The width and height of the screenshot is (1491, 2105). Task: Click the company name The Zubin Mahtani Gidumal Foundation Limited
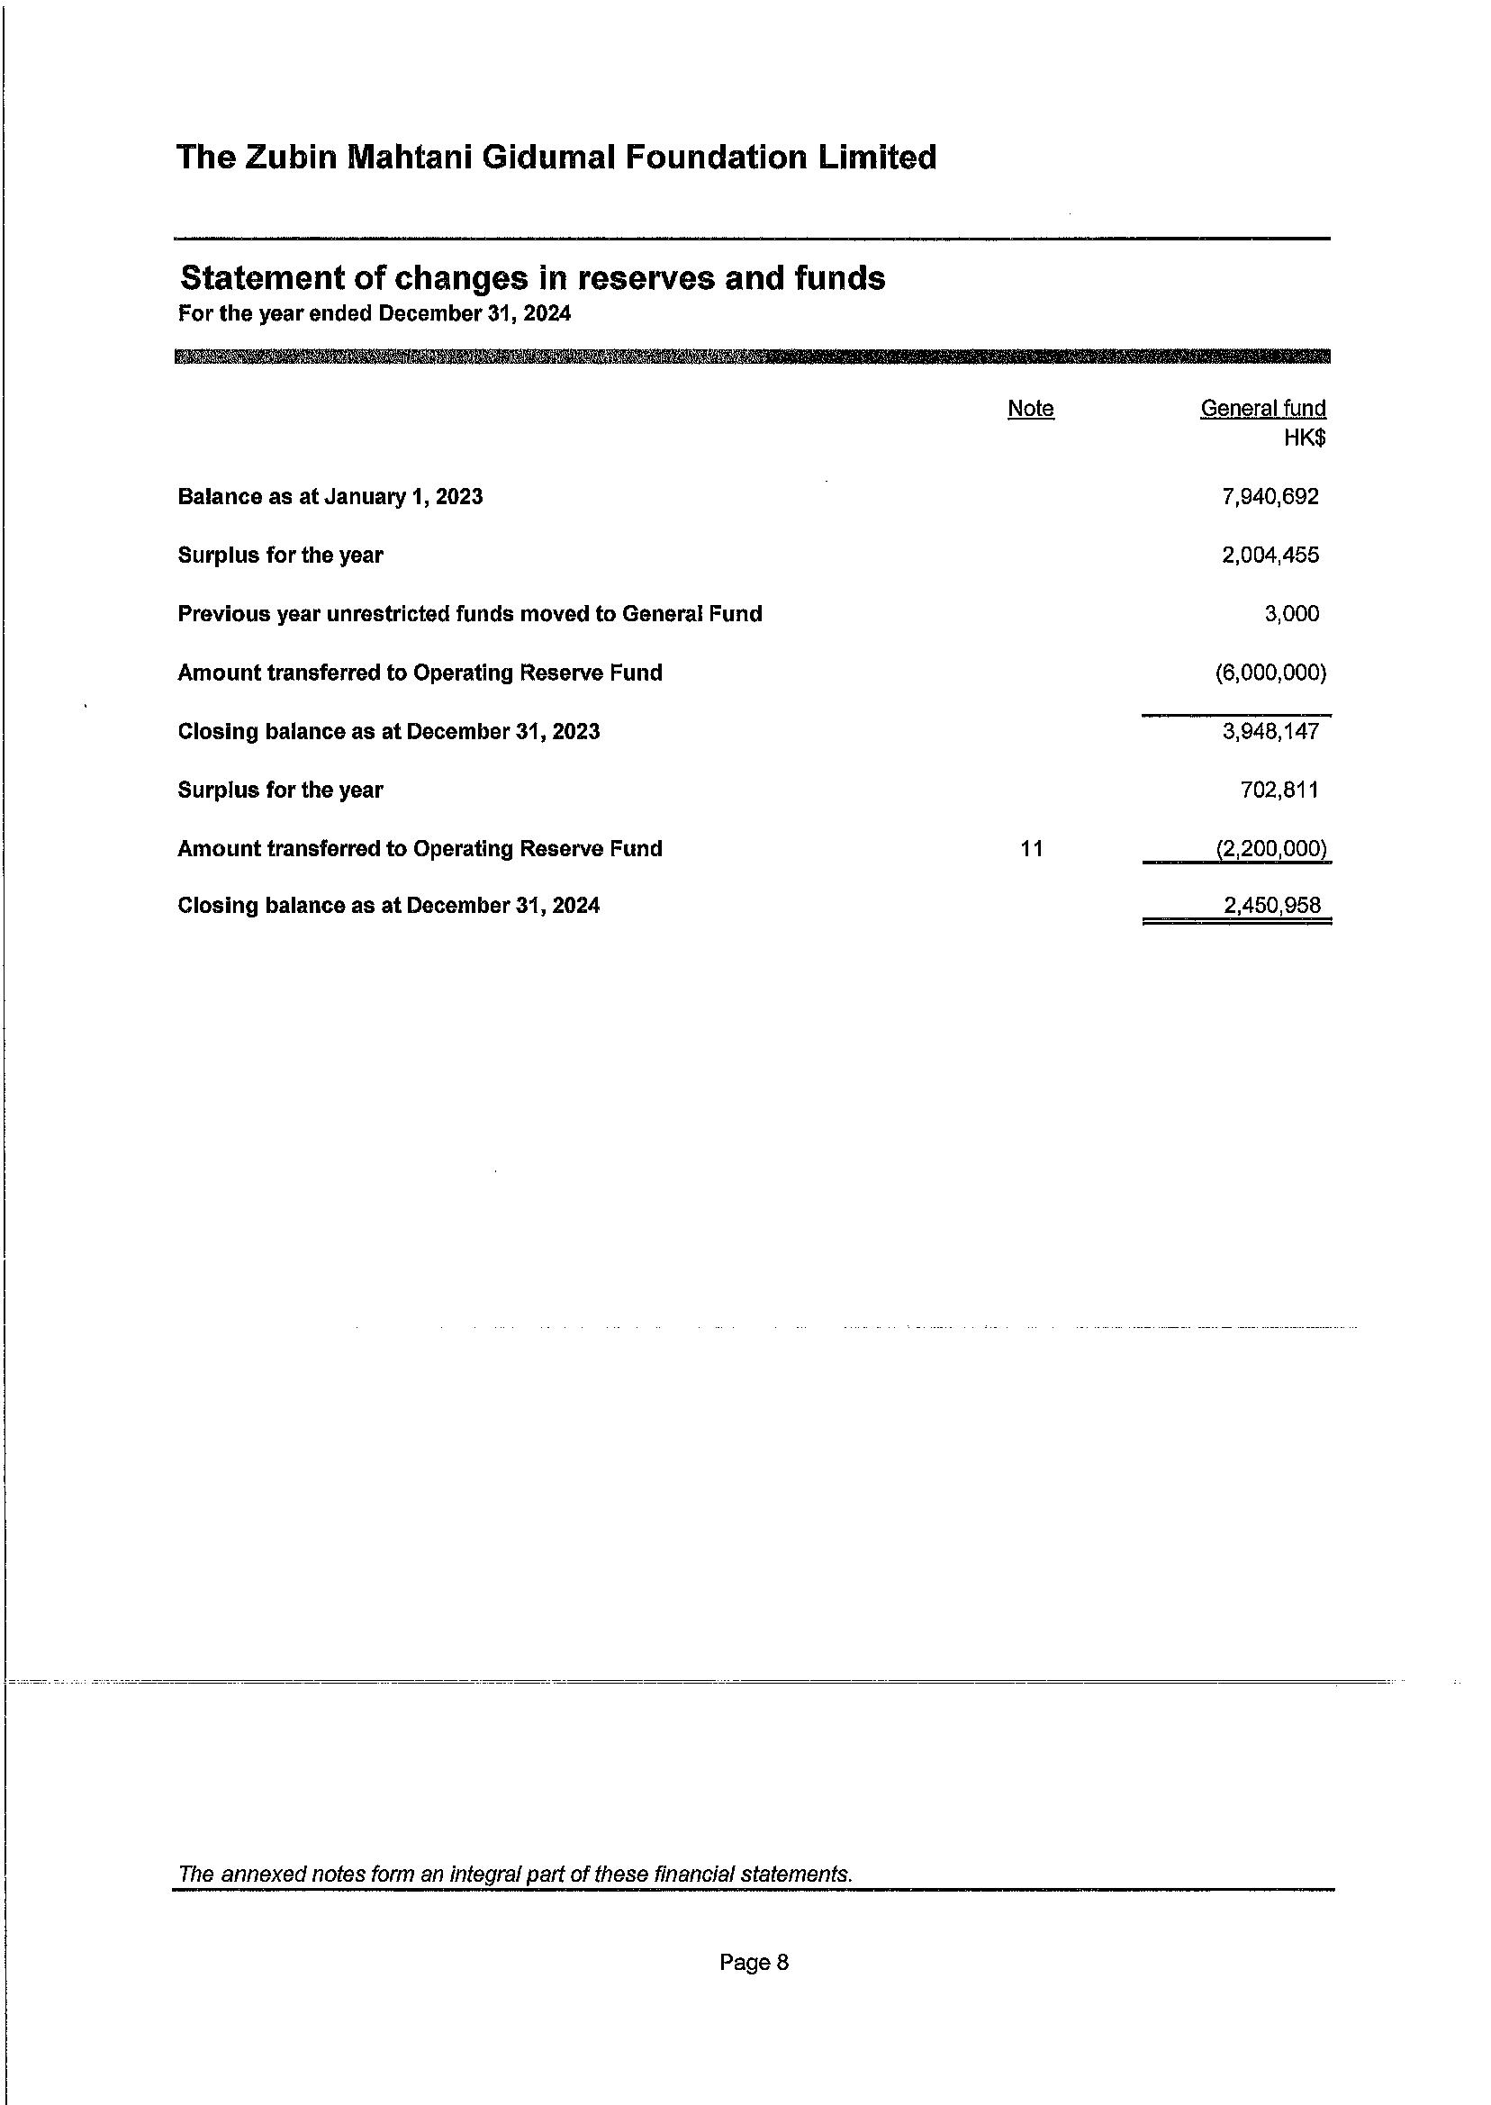556,158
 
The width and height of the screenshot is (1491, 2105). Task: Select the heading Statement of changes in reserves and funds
532,277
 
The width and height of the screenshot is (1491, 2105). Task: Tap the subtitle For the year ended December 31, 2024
375,314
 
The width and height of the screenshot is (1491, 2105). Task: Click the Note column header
1030,409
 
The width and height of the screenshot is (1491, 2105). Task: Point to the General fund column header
1262,409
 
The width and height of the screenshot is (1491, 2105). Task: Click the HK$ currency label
1304,438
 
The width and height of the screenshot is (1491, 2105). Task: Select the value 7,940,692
1270,497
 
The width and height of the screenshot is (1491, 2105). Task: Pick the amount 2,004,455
1270,556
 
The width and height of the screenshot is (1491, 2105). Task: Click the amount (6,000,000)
1270,673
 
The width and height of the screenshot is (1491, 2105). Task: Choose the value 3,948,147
1270,732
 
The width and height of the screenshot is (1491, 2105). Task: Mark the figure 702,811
1279,791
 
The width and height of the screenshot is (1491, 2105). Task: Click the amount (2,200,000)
1270,849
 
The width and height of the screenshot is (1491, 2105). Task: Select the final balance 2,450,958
1271,906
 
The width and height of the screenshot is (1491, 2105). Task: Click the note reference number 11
1031,849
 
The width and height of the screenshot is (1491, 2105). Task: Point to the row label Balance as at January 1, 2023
330,497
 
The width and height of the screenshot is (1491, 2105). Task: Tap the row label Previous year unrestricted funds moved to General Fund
470,614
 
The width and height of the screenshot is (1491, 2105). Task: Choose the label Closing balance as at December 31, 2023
388,732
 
